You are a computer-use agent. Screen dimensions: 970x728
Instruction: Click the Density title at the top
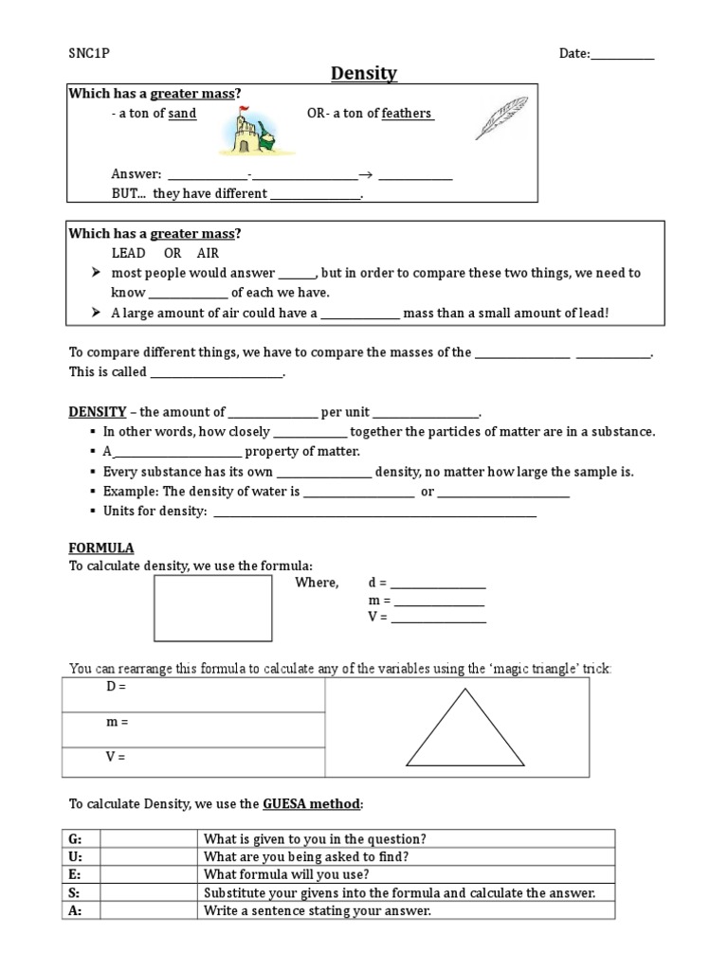(364, 74)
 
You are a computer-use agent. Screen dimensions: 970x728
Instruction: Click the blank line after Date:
(623, 55)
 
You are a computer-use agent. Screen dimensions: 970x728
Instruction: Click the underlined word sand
(182, 114)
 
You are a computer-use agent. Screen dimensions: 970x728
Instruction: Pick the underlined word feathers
(407, 114)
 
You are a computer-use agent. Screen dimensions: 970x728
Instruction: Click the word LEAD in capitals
(129, 253)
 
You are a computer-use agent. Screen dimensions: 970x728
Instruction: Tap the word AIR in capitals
(208, 253)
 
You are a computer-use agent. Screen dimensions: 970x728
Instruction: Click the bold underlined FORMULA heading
(101, 548)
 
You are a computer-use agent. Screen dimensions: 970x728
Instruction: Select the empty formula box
(213, 608)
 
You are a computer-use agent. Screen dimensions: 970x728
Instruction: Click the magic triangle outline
(464, 728)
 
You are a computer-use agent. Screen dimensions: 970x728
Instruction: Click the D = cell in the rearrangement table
(194, 695)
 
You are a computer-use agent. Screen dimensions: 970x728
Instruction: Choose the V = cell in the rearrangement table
(194, 763)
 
